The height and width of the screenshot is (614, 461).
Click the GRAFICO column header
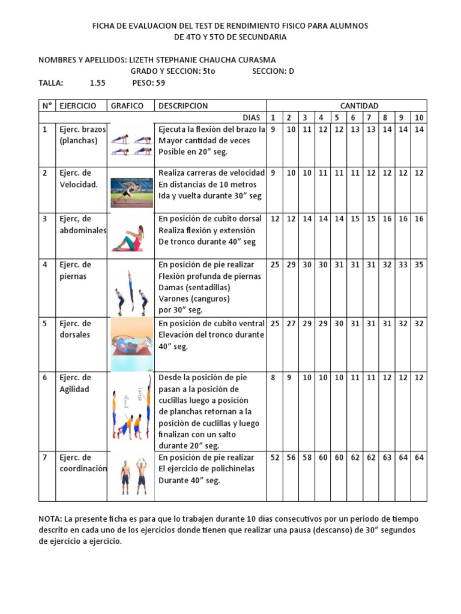[x=127, y=106]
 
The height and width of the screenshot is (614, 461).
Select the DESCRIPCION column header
[x=183, y=106]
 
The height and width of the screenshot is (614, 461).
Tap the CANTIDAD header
[x=359, y=106]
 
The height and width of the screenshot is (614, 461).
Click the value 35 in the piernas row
[x=419, y=264]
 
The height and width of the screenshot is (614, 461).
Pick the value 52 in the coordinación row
[x=275, y=458]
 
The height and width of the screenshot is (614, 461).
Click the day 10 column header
[x=419, y=118]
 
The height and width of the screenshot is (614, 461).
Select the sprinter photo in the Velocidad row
[x=131, y=189]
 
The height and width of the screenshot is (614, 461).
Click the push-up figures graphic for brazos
[x=130, y=145]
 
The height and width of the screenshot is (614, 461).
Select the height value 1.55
[x=98, y=83]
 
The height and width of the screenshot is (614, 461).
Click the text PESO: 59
[x=144, y=83]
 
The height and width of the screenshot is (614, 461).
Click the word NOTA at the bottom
[x=50, y=518]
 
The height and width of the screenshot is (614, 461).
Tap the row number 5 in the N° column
[x=44, y=323]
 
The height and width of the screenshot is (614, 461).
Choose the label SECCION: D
[x=273, y=71]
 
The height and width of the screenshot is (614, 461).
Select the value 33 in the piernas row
[x=403, y=264]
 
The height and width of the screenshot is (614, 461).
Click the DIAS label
[x=252, y=118]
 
